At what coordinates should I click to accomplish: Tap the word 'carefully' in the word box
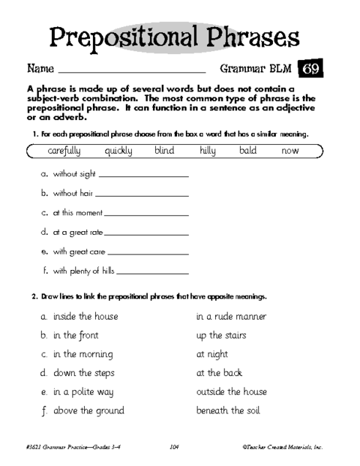point(68,151)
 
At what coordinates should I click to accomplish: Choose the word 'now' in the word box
point(290,151)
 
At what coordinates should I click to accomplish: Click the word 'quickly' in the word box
point(118,151)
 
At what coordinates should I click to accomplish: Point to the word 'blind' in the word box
point(163,151)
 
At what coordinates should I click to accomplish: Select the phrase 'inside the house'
point(85,317)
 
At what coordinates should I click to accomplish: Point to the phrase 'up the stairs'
point(221,335)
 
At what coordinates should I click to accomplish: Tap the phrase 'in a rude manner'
point(231,317)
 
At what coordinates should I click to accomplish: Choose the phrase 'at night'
point(212,354)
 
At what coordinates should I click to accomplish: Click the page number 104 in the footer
point(174,447)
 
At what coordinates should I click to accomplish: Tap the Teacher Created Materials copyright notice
point(282,447)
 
